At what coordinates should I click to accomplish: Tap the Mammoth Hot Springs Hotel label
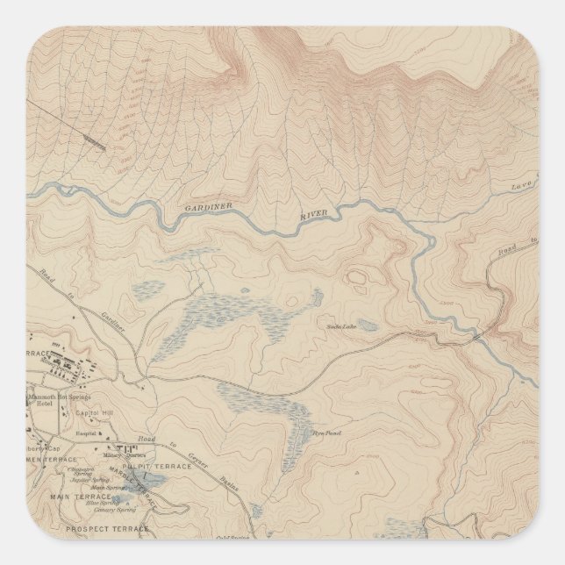pos(59,400)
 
